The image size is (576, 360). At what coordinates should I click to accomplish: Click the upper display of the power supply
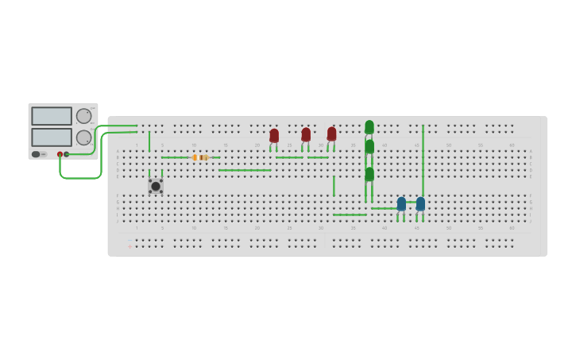(52, 116)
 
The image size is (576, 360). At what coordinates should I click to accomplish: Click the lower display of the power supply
(52, 137)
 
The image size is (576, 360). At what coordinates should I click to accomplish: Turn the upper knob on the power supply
(83, 116)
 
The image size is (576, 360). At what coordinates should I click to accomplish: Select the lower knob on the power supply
(83, 137)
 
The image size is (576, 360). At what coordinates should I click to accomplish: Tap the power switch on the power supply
(36, 154)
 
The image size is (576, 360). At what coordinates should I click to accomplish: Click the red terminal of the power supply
(60, 154)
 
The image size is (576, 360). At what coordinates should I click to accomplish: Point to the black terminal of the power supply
(67, 154)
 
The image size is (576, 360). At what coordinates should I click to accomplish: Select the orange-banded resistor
(201, 157)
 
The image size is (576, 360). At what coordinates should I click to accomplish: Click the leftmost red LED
(274, 136)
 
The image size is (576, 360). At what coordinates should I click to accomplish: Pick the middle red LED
(306, 135)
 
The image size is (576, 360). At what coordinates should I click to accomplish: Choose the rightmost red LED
(331, 134)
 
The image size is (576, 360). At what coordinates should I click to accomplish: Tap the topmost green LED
(369, 127)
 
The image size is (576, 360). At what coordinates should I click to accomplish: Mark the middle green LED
(369, 147)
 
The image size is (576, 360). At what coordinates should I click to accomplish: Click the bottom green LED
(369, 174)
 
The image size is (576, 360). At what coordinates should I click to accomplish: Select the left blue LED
(401, 204)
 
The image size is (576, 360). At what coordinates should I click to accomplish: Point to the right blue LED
(420, 204)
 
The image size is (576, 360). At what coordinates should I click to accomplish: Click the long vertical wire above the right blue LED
(423, 159)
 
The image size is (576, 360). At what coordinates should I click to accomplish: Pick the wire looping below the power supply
(79, 177)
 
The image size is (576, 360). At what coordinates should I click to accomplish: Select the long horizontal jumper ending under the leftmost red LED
(245, 170)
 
